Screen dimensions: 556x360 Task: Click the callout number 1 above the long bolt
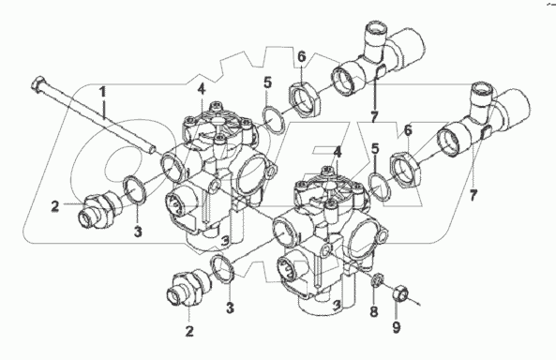(x=102, y=92)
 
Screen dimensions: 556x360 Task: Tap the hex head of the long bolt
(x=38, y=85)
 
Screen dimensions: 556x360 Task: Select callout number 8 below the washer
(x=374, y=312)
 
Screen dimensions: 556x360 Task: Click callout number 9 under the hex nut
(x=397, y=326)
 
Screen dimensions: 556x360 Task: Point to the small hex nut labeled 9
(x=399, y=292)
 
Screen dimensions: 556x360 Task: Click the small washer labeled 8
(x=379, y=279)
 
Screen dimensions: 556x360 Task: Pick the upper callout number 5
(x=268, y=83)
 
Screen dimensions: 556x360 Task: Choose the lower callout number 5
(x=375, y=149)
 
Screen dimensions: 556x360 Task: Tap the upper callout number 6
(x=301, y=57)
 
